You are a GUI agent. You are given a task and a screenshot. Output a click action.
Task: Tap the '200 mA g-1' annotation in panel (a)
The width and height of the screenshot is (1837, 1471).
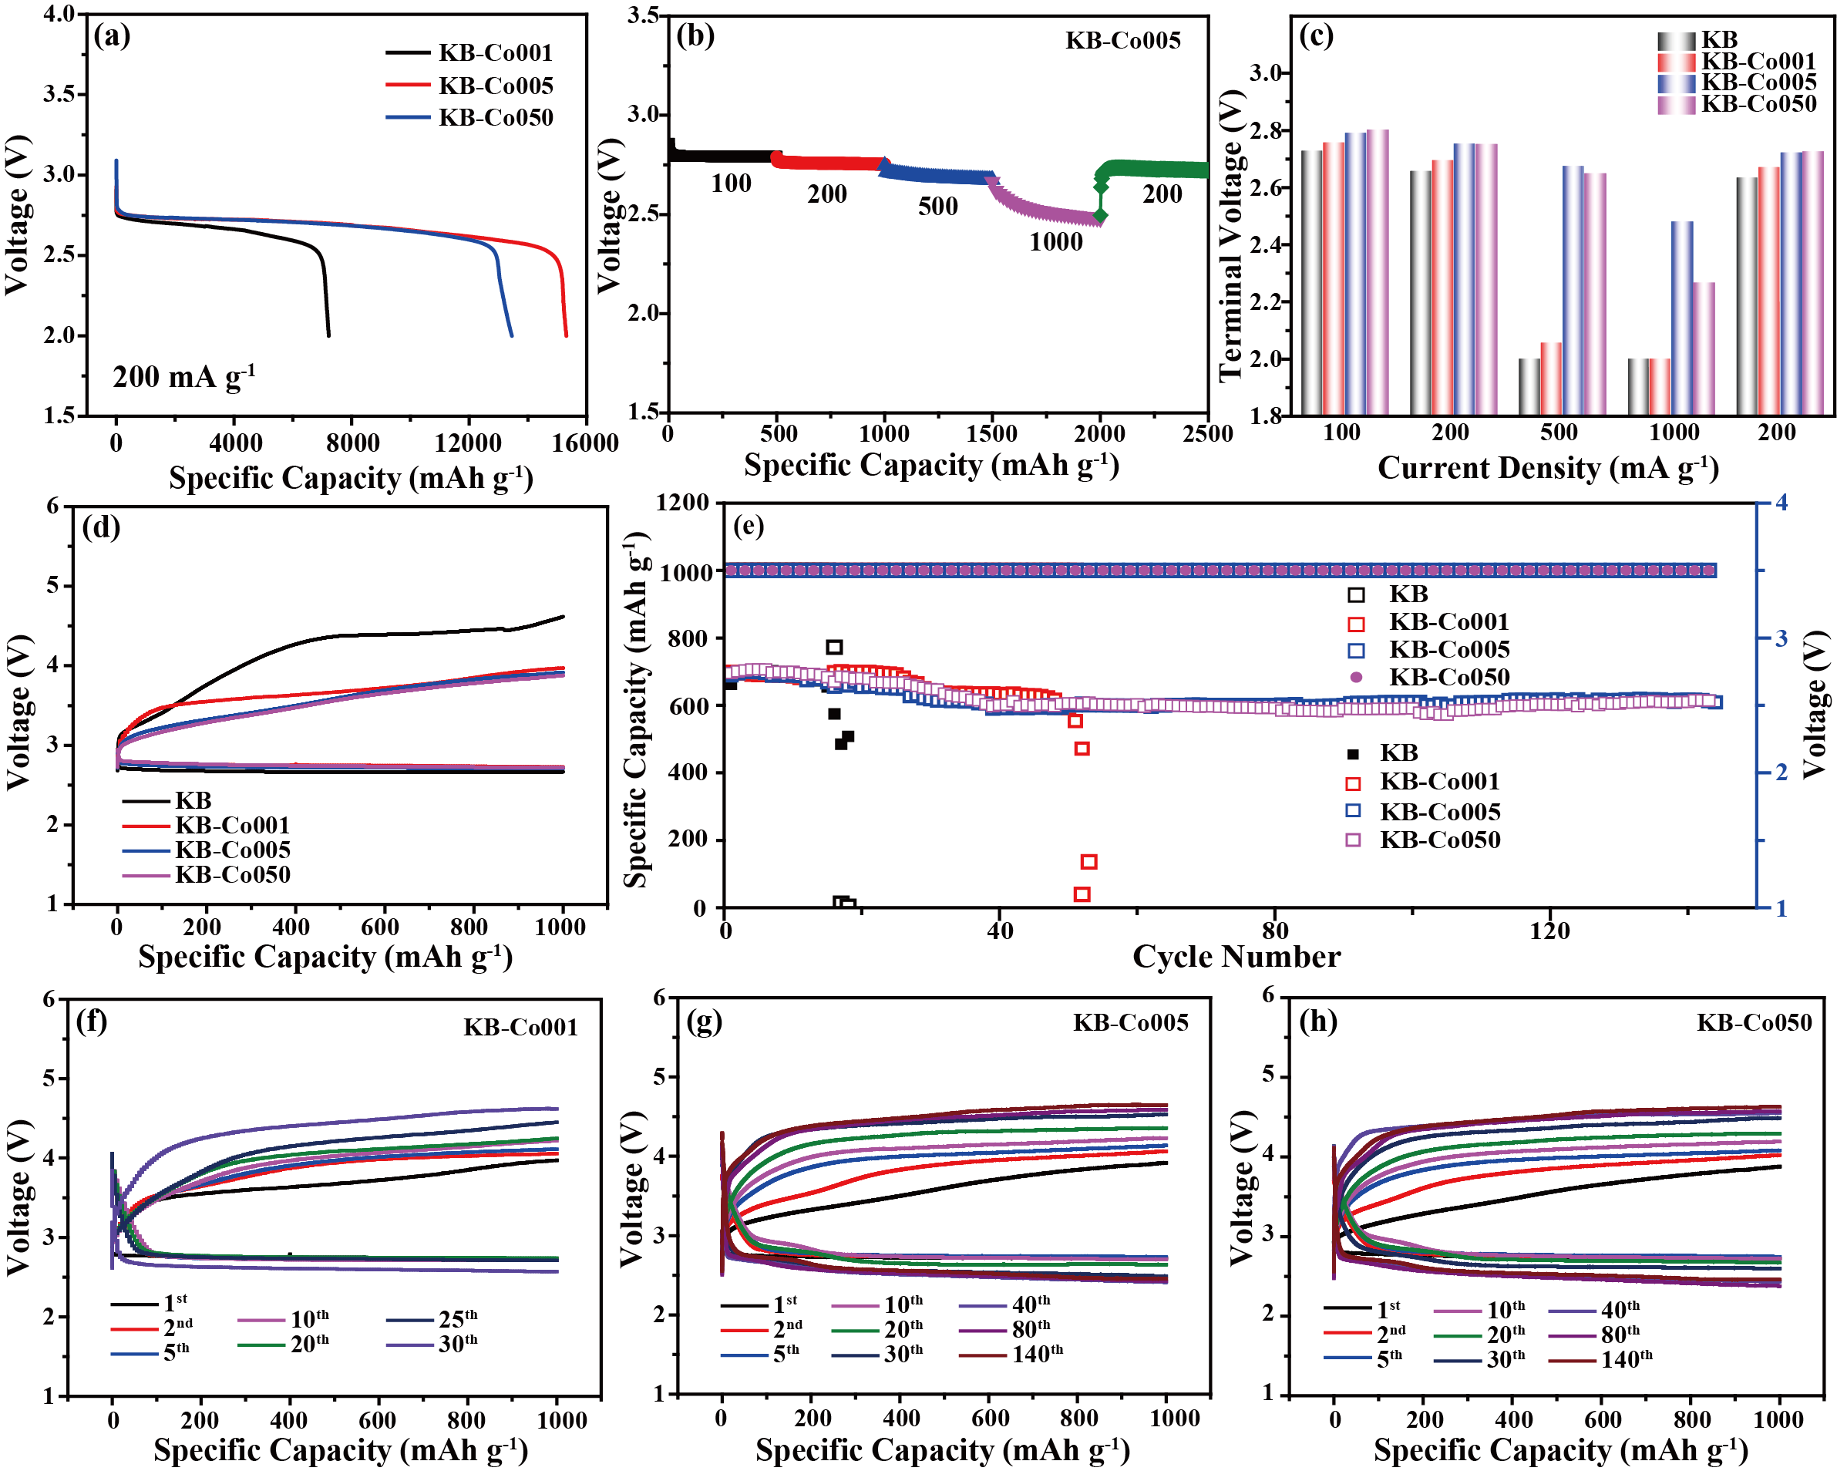(183, 377)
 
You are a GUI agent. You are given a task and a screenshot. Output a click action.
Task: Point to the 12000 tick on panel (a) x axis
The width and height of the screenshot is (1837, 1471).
(468, 443)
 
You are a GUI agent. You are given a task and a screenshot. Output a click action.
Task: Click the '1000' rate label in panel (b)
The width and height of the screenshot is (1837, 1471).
(1055, 242)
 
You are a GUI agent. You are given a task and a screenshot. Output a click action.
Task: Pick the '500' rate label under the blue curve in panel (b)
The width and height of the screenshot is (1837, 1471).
(937, 207)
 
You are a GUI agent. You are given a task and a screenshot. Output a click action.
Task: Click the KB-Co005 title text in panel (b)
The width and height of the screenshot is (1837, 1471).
(1123, 40)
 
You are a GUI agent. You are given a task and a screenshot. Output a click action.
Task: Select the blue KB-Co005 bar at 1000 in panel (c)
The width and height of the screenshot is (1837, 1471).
(1682, 317)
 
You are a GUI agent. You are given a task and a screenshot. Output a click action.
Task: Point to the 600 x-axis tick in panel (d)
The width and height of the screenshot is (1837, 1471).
(379, 927)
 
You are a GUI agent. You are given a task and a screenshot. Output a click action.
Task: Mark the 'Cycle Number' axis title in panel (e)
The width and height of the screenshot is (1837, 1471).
(1236, 956)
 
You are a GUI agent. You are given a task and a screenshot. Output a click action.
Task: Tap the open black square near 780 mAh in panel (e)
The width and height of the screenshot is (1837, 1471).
(834, 647)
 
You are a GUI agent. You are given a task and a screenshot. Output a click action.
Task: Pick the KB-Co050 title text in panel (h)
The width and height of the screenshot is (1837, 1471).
(1754, 1022)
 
